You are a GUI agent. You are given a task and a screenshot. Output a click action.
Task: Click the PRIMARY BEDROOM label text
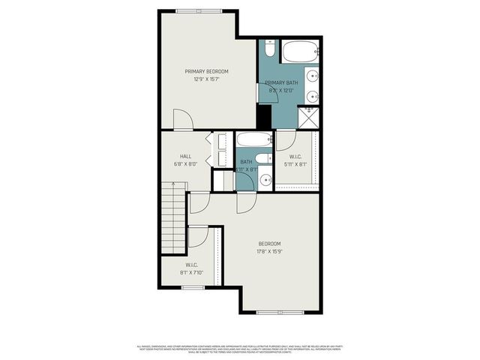click(x=206, y=71)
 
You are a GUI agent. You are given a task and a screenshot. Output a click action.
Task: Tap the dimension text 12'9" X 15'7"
click(x=206, y=79)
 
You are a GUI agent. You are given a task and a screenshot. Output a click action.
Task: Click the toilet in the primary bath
click(x=269, y=51)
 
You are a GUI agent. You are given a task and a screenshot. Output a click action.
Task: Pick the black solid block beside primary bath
click(x=264, y=116)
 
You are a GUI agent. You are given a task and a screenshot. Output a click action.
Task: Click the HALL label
click(x=184, y=156)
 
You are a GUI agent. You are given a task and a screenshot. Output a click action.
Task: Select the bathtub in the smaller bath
click(x=253, y=140)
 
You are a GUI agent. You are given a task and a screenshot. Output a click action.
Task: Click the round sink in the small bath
click(x=264, y=180)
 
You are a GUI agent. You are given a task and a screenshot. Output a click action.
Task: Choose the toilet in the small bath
click(x=262, y=158)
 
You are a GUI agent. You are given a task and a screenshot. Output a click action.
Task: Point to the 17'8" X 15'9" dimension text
click(x=269, y=251)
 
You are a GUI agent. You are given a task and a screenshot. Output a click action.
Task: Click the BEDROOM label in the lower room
click(x=269, y=244)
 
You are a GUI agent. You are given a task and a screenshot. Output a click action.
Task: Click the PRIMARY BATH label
click(x=281, y=82)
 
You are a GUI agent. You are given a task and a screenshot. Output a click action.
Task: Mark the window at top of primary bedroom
click(x=198, y=10)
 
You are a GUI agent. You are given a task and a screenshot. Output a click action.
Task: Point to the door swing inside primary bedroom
click(x=183, y=120)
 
